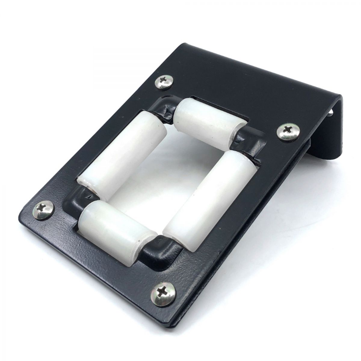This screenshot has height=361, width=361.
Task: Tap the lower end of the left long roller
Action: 87,184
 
